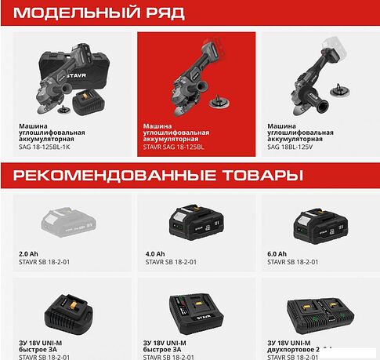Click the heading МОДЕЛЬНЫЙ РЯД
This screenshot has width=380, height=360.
93,13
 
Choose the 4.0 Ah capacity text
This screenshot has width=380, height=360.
154,254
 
